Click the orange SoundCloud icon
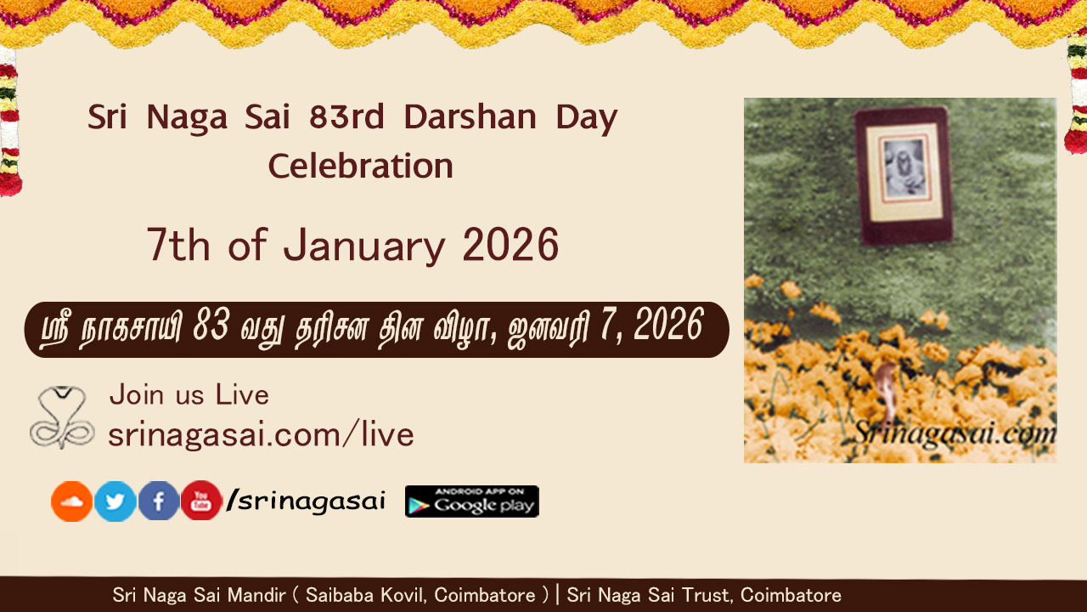(x=72, y=501)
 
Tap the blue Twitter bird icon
(x=115, y=501)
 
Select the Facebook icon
(x=159, y=501)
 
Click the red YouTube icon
(x=201, y=501)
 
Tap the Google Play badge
(x=471, y=501)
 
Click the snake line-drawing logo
(x=62, y=417)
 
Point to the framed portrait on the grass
(x=903, y=175)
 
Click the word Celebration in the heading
(x=361, y=166)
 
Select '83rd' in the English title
(x=346, y=117)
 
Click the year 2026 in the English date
(x=510, y=245)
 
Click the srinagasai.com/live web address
(x=261, y=433)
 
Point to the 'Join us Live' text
(x=189, y=394)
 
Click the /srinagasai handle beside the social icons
(x=306, y=501)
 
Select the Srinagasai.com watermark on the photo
(x=955, y=433)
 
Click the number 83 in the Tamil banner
(x=211, y=325)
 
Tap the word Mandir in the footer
(x=256, y=595)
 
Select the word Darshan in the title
(x=470, y=117)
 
